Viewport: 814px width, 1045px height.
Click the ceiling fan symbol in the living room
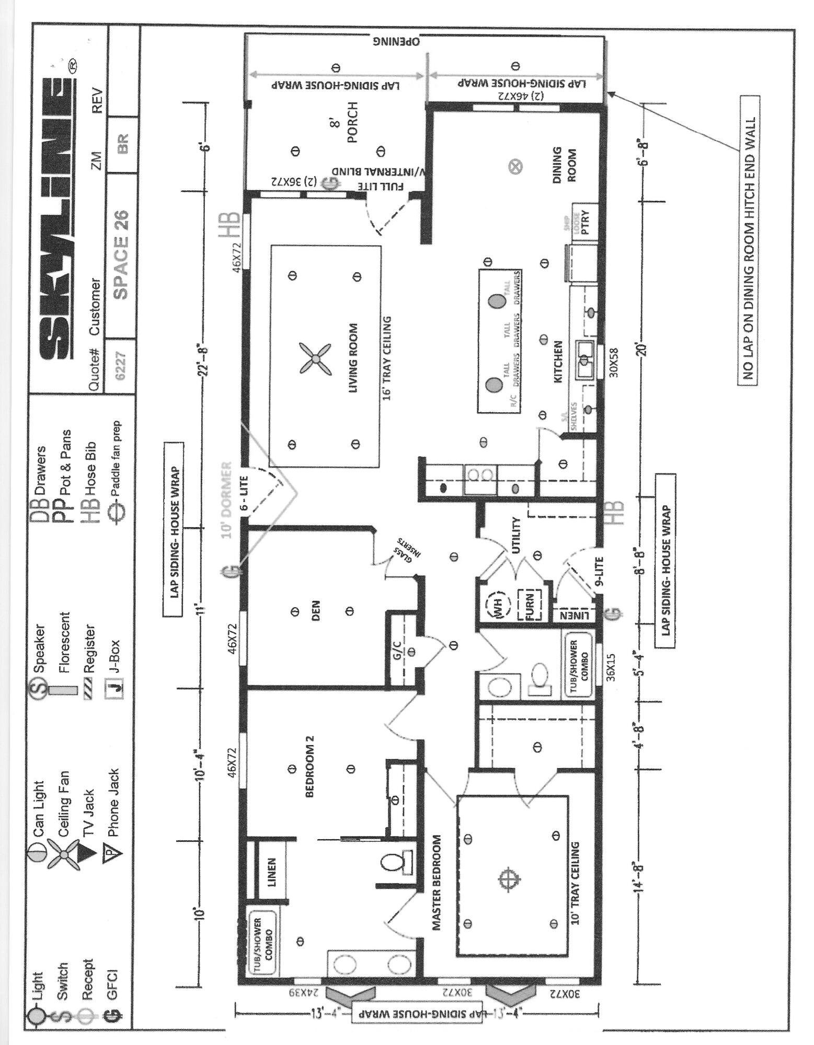tap(315, 358)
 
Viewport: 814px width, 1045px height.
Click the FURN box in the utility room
tap(529, 606)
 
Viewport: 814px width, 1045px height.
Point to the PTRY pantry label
tap(584, 222)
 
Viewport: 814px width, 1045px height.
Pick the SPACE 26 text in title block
tap(121, 254)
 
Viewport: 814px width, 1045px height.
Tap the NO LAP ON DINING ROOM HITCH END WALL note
tap(748, 240)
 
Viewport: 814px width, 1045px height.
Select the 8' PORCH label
tap(345, 123)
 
